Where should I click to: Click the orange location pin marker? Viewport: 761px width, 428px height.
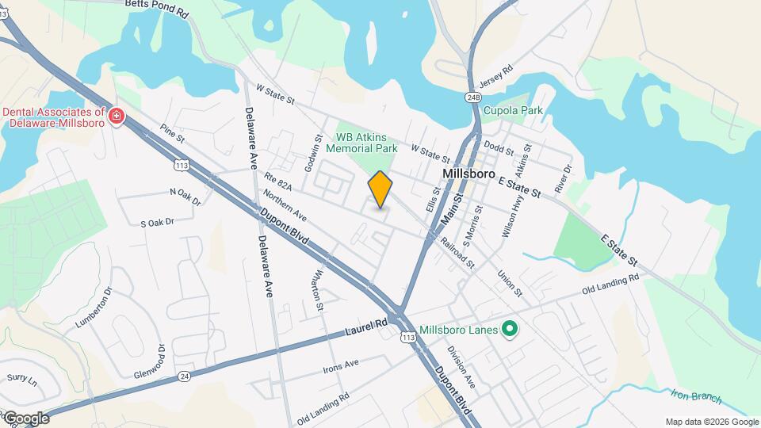pos(380,189)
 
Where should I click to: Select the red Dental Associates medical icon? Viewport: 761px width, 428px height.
pos(117,117)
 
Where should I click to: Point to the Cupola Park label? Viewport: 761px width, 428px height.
pos(514,110)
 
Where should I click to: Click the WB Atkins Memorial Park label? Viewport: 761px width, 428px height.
pos(366,143)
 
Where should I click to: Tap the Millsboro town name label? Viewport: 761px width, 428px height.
pos(469,174)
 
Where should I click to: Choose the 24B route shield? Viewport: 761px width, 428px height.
pos(473,97)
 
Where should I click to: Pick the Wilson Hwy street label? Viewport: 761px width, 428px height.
pos(510,216)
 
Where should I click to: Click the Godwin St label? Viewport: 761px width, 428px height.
pos(314,151)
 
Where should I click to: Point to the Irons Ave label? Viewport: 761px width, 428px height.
pos(341,366)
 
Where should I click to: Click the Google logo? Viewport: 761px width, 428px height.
pos(25,418)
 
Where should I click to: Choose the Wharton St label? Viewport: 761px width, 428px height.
pos(319,290)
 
